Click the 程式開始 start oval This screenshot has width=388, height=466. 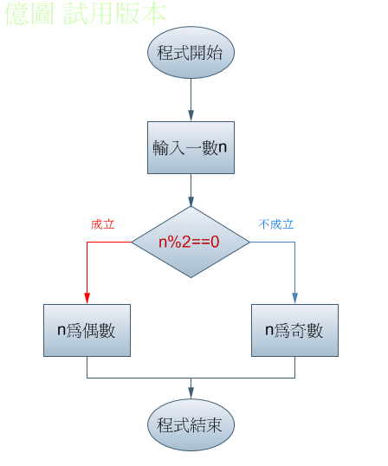click(x=191, y=52)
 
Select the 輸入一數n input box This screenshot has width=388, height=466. click(x=191, y=148)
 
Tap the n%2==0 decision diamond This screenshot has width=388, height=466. click(x=191, y=242)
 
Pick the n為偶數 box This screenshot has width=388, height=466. click(x=87, y=330)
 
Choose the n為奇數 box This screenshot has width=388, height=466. click(x=294, y=330)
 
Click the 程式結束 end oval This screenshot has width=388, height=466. click(x=191, y=424)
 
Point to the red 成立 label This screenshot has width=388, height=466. click(x=102, y=224)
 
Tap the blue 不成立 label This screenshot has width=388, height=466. click(x=276, y=224)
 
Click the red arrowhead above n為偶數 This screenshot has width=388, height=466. click(x=87, y=298)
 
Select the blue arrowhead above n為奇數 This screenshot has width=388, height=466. click(x=294, y=298)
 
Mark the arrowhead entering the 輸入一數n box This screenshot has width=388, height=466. click(x=191, y=116)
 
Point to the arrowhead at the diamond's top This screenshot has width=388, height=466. click(x=191, y=201)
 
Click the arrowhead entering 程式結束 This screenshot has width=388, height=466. click(x=191, y=393)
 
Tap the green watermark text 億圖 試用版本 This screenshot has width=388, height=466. click(x=85, y=14)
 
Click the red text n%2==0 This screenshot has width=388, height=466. click(x=189, y=242)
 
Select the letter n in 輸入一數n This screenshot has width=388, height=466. click(x=223, y=147)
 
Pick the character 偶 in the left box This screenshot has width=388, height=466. click(x=91, y=331)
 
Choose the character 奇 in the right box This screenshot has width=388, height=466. click(x=298, y=331)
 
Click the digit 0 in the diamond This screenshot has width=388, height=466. click(x=215, y=242)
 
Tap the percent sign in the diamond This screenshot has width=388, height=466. click(x=174, y=242)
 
